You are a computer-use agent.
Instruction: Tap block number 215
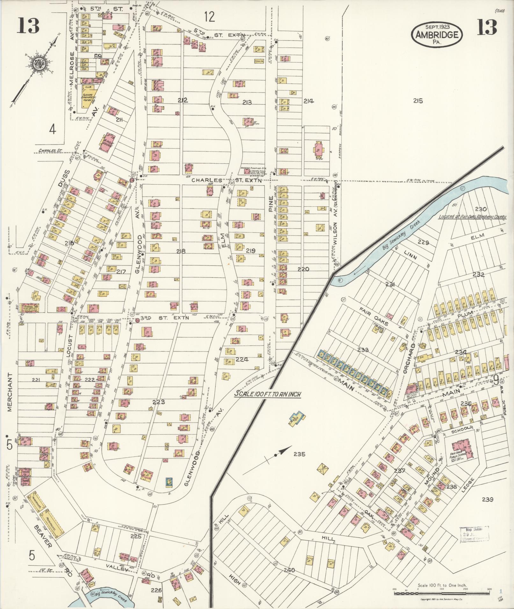[418, 101]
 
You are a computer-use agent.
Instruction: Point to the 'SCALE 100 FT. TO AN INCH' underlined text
[268, 393]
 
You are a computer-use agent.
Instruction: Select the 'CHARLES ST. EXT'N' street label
[227, 180]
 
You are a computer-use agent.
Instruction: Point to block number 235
[300, 454]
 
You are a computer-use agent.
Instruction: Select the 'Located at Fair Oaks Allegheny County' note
[472, 217]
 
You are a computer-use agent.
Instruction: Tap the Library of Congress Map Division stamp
[474, 534]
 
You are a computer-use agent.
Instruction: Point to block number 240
[289, 570]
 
